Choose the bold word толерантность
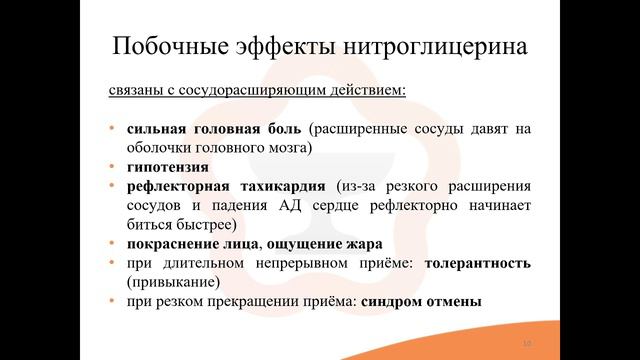477,262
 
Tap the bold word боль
278,129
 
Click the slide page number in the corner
526,344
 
